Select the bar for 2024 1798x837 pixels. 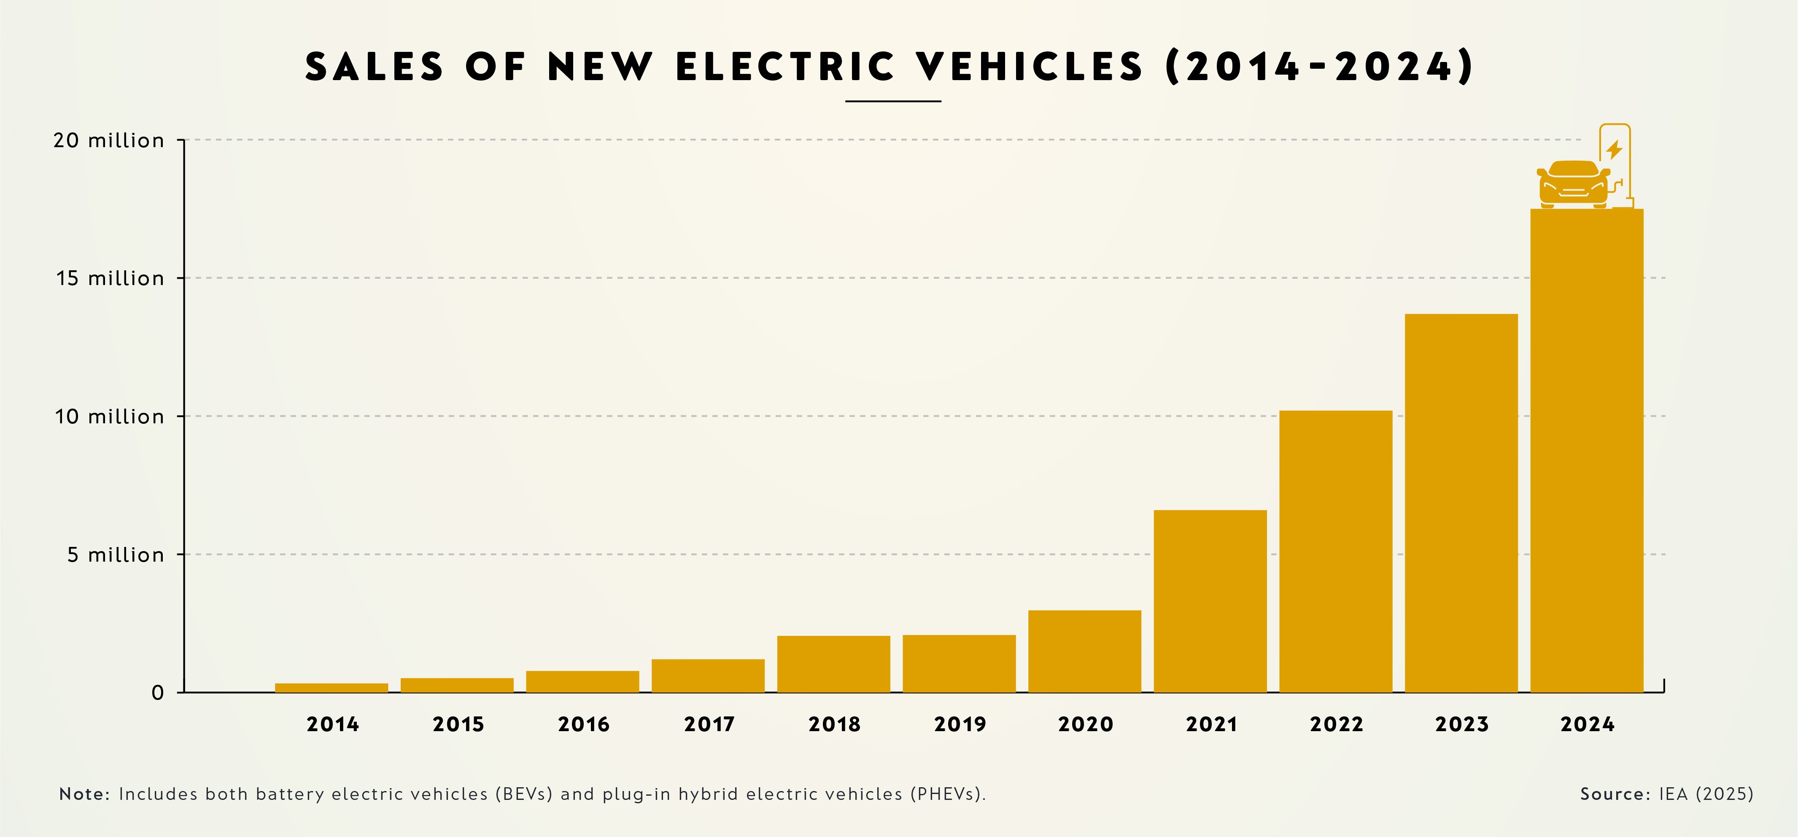click(x=1587, y=450)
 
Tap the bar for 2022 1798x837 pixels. click(x=1335, y=552)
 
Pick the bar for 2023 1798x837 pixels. click(x=1461, y=503)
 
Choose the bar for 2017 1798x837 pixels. click(x=708, y=676)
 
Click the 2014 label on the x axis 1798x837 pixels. click(x=332, y=724)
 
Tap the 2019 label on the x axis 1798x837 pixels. click(x=960, y=724)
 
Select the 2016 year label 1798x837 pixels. click(x=583, y=724)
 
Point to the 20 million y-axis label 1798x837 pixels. click(x=109, y=140)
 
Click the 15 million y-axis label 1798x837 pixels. click(x=110, y=279)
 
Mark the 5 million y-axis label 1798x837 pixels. click(x=115, y=555)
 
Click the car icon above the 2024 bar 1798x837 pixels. click(x=1572, y=184)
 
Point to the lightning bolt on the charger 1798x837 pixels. click(x=1614, y=149)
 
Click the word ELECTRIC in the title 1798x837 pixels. click(x=785, y=67)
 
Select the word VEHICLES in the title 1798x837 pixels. click(x=1030, y=67)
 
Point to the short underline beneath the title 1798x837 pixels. click(x=893, y=101)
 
